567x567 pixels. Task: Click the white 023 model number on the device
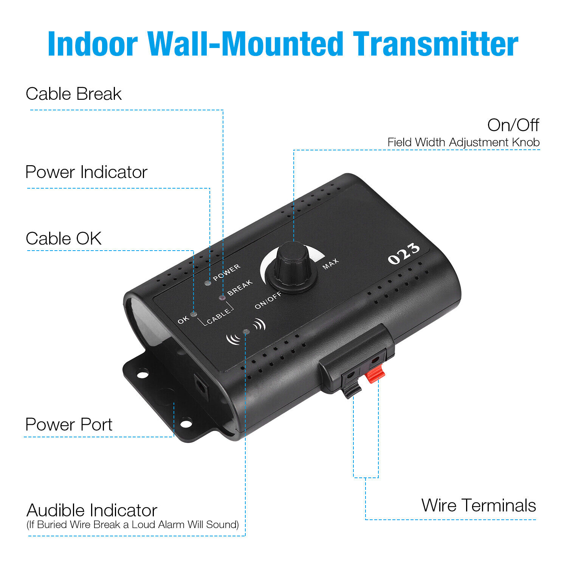pyautogui.click(x=403, y=254)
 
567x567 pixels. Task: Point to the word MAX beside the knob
pyautogui.click(x=330, y=264)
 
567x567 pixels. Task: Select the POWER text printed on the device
pyautogui.click(x=226, y=273)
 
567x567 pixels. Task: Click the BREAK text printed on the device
pyautogui.click(x=240, y=287)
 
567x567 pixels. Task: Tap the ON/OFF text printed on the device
pyautogui.click(x=268, y=300)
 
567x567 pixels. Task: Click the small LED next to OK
pyautogui.click(x=194, y=314)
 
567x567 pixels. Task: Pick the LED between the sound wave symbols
pyautogui.click(x=246, y=332)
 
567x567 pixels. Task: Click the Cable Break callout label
pyautogui.click(x=74, y=94)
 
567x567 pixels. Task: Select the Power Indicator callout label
pyautogui.click(x=86, y=172)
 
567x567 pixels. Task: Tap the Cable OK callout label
pyautogui.click(x=64, y=239)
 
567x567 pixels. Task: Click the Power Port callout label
pyautogui.click(x=69, y=424)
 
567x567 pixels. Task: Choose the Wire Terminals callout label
pyautogui.click(x=479, y=505)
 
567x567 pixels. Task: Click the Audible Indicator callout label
pyautogui.click(x=92, y=510)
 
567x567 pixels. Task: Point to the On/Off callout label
pyautogui.click(x=513, y=125)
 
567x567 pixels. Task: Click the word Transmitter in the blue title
pyautogui.click(x=435, y=44)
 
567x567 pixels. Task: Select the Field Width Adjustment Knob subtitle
pyautogui.click(x=463, y=143)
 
